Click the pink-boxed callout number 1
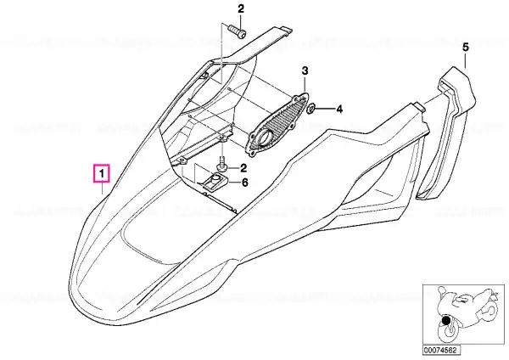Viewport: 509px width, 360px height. point(102,174)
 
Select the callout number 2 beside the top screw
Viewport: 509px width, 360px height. point(241,9)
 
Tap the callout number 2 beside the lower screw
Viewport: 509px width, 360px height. point(243,168)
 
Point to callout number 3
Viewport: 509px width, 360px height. point(305,70)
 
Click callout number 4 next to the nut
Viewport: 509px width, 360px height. point(338,110)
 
